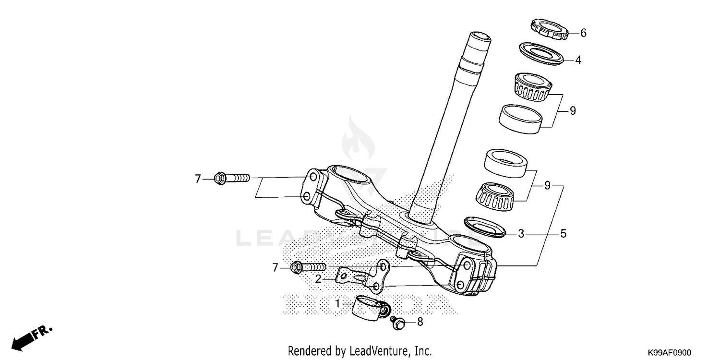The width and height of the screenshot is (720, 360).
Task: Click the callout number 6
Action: click(583, 33)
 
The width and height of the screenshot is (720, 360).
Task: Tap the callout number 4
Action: click(578, 60)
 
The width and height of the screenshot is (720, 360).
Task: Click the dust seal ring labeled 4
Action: click(541, 53)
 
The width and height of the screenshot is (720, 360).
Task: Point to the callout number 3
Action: click(521, 234)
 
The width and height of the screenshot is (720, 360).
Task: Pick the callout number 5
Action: click(564, 234)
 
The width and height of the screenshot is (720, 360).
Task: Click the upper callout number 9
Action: click(572, 111)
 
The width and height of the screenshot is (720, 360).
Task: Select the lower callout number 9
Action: click(547, 186)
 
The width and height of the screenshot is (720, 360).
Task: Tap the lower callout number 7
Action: click(275, 267)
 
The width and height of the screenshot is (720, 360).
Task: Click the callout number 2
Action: click(318, 278)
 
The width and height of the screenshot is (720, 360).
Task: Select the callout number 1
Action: click(337, 303)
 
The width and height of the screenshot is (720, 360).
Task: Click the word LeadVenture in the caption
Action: click(377, 351)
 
